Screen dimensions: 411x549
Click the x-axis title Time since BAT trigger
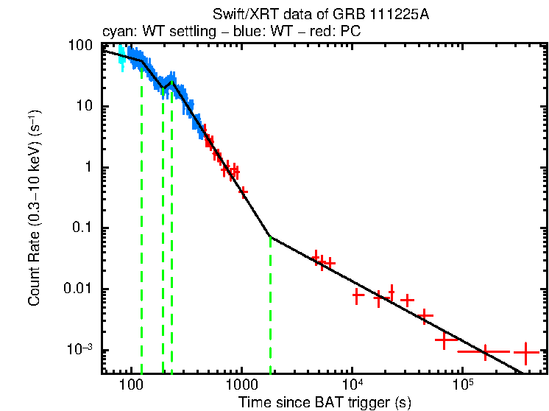click(x=325, y=402)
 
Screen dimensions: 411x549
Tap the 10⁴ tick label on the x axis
click(x=353, y=385)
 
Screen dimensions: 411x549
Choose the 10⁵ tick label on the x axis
click(x=463, y=385)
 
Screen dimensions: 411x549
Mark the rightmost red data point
click(x=525, y=353)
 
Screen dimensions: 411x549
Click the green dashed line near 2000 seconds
click(x=271, y=309)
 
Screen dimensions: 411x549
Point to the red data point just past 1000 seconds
click(x=244, y=192)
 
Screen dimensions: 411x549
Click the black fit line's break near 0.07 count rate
click(x=271, y=236)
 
